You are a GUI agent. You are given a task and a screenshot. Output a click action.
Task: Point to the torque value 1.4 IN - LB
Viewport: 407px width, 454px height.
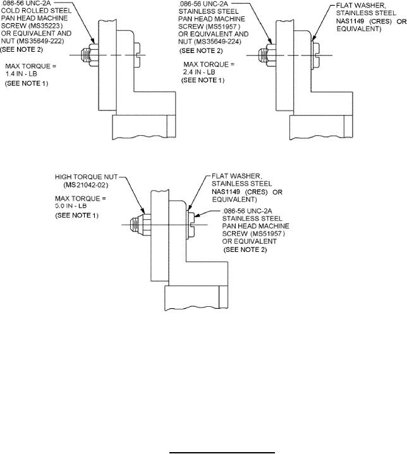27,74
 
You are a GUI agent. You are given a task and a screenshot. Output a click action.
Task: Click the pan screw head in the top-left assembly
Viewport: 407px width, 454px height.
138,54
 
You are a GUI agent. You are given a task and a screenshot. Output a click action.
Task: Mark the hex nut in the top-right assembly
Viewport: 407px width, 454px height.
270,54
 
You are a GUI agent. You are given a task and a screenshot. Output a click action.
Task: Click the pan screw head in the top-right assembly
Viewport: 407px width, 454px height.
317,54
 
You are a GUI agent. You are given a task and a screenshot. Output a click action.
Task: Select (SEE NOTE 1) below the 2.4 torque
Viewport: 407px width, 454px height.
202,80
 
